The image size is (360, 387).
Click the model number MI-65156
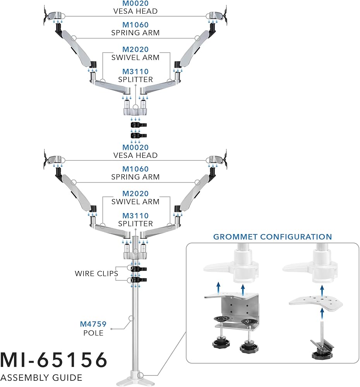pos(53,360)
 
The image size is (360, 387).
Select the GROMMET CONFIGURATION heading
pos(273,237)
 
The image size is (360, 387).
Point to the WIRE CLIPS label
pos(96,274)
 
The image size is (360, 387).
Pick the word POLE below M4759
pos(93,333)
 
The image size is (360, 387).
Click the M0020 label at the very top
pos(135,3)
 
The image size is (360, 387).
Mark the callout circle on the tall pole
pos(131,319)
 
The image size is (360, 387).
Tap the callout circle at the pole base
pos(143,375)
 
